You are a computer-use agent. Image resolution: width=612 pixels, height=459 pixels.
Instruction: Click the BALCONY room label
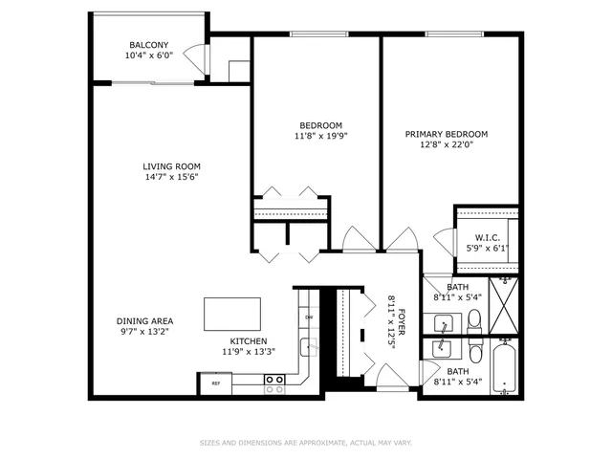[148, 45]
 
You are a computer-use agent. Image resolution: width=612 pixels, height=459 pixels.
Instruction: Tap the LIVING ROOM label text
[172, 166]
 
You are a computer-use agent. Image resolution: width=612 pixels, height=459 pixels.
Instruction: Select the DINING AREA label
[144, 321]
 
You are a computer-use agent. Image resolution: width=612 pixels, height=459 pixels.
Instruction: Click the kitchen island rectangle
[232, 313]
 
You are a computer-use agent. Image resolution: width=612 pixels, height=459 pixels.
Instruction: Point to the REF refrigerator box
[215, 383]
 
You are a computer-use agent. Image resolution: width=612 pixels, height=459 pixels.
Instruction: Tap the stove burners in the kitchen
[274, 383]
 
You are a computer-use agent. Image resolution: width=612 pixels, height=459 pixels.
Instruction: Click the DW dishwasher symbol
[309, 317]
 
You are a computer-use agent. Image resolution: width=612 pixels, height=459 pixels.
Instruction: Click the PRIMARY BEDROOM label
[447, 134]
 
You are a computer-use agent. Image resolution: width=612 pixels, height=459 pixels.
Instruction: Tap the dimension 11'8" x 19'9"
[321, 136]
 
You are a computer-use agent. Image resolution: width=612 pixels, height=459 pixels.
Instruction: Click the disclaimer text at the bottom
[305, 442]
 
